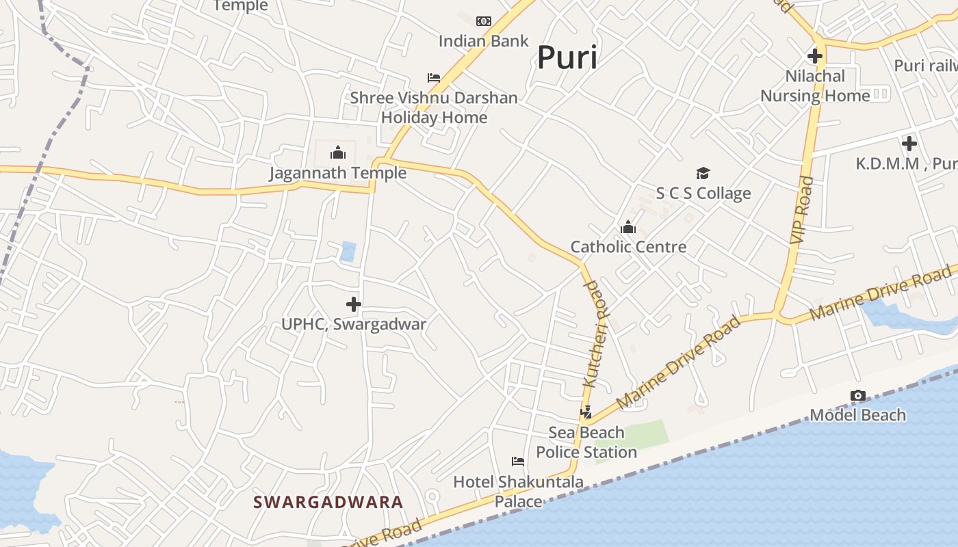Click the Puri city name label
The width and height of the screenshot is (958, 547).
coord(567,57)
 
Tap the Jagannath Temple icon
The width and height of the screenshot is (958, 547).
coord(338,152)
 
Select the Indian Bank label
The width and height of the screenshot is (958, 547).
coord(483,41)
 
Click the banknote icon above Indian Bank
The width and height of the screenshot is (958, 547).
coord(484,21)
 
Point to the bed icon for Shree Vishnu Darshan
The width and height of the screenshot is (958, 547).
coord(433,77)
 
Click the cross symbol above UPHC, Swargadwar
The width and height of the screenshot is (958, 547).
coord(354,304)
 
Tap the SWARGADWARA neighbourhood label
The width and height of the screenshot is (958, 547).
coord(328,502)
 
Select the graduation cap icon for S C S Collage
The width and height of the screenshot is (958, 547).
coord(703,173)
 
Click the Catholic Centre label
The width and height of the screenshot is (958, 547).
coord(628,247)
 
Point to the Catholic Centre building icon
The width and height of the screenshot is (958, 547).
coord(627,226)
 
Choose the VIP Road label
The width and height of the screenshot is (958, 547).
coord(802,210)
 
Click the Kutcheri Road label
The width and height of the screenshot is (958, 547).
coord(595,334)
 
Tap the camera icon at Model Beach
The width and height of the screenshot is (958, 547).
coord(857,395)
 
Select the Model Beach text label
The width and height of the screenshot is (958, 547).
coord(857,415)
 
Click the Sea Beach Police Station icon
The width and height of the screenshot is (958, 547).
coord(586,412)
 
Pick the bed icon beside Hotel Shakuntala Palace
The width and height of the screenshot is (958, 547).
coord(518,462)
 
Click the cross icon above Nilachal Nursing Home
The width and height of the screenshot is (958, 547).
coord(814,55)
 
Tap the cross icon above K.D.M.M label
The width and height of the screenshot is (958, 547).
coord(909,144)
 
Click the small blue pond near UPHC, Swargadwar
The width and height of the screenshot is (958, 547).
coord(348,251)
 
